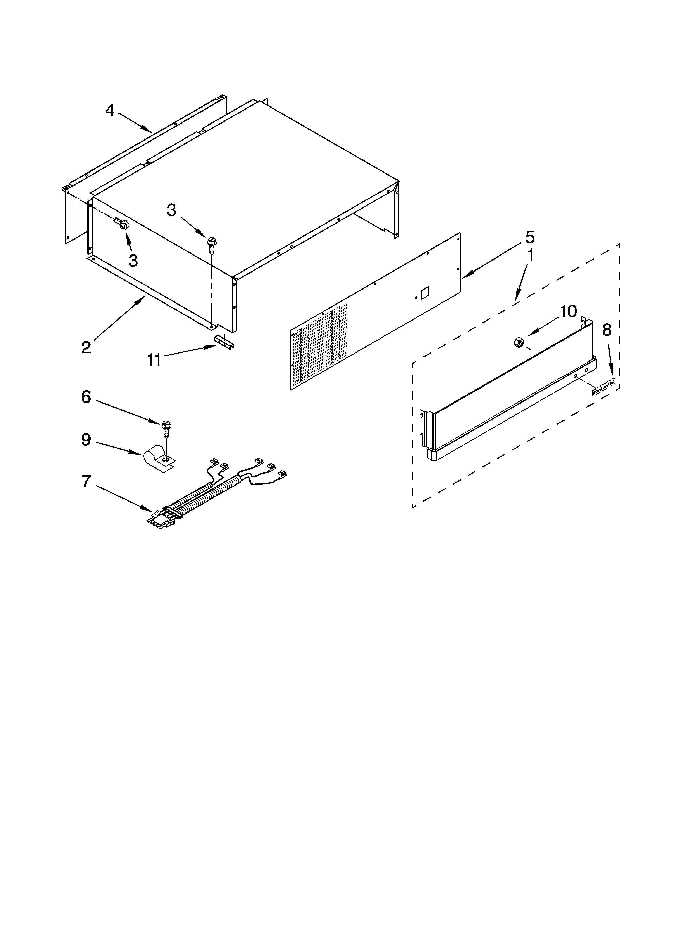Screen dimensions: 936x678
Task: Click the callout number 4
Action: point(109,111)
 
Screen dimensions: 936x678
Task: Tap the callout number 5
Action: point(530,237)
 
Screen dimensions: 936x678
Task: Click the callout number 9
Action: point(86,440)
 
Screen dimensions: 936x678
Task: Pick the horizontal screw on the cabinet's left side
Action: point(121,224)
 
